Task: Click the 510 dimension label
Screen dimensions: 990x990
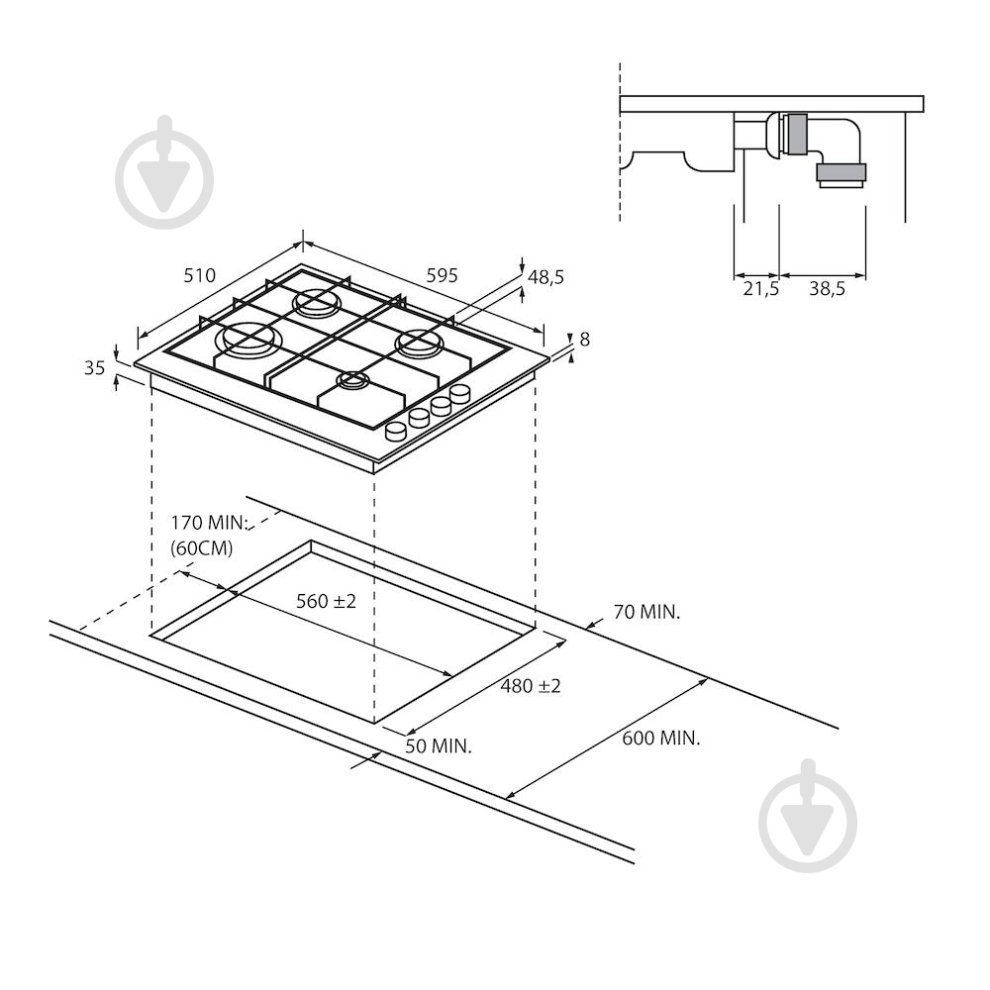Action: pyautogui.click(x=200, y=276)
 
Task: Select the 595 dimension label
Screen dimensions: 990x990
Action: pyautogui.click(x=442, y=276)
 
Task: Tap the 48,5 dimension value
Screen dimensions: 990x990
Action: pyautogui.click(x=546, y=277)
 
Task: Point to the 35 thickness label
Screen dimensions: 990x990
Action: pyautogui.click(x=95, y=367)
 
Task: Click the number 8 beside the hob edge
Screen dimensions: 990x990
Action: pyautogui.click(x=585, y=340)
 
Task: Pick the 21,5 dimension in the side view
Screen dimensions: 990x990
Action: pyautogui.click(x=760, y=289)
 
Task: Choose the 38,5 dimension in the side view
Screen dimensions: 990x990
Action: pyautogui.click(x=827, y=289)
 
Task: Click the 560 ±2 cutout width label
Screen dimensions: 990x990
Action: pyautogui.click(x=327, y=601)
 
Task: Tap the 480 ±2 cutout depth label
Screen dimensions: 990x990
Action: pyautogui.click(x=531, y=686)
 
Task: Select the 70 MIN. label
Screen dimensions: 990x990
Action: pyautogui.click(x=647, y=612)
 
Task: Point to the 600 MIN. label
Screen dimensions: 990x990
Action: pyautogui.click(x=661, y=739)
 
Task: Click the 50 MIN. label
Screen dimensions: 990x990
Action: pyautogui.click(x=439, y=746)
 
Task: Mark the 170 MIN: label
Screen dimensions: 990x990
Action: pyautogui.click(x=208, y=523)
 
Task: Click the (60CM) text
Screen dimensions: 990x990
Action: pyautogui.click(x=202, y=548)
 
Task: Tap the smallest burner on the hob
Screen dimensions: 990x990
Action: pyautogui.click(x=353, y=380)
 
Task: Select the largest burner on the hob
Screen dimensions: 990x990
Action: pyautogui.click(x=250, y=340)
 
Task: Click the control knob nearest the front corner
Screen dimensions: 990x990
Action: pyautogui.click(x=396, y=432)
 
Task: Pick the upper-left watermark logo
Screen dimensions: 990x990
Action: pyautogui.click(x=164, y=171)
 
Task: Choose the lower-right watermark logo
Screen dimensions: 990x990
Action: pyautogui.click(x=808, y=816)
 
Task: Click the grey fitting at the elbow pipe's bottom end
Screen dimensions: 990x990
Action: pyautogui.click(x=841, y=172)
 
